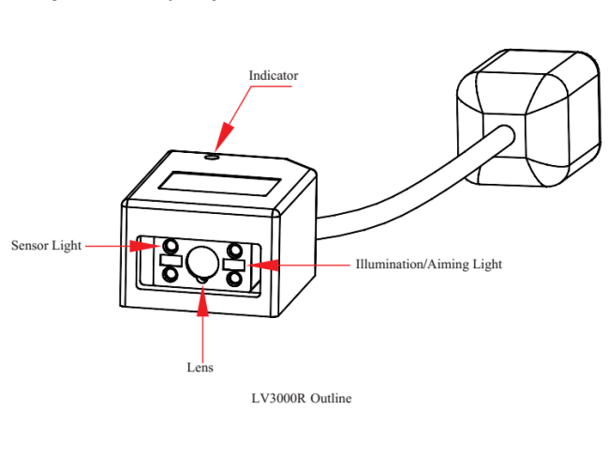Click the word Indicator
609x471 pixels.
coord(274,75)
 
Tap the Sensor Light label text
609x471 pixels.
coord(46,246)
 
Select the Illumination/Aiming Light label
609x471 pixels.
coord(428,265)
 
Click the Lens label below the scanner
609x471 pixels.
coord(201,368)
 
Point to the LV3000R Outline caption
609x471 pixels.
coord(293,399)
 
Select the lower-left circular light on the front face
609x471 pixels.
coord(170,274)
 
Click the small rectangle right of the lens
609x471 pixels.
coord(234,265)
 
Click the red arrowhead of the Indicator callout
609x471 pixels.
coord(220,140)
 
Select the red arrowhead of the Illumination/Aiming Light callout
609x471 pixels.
coord(255,265)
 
